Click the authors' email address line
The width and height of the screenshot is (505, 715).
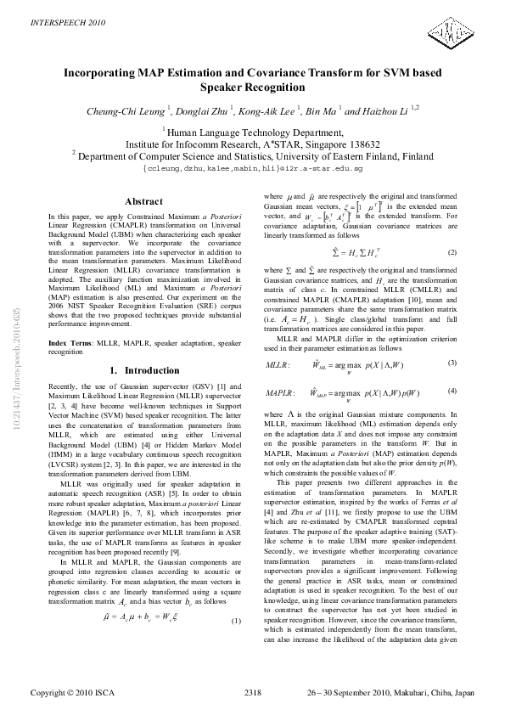[x=252, y=170]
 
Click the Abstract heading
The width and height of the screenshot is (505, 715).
[x=143, y=201]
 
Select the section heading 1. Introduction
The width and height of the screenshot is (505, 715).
[x=143, y=371]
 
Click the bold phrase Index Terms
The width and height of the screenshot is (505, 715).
[x=70, y=341]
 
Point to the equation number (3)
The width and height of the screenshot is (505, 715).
[x=452, y=363]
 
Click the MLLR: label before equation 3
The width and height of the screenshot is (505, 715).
[x=278, y=364]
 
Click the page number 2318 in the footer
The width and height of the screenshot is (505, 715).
[x=252, y=693]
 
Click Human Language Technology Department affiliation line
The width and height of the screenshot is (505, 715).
[x=252, y=132]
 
